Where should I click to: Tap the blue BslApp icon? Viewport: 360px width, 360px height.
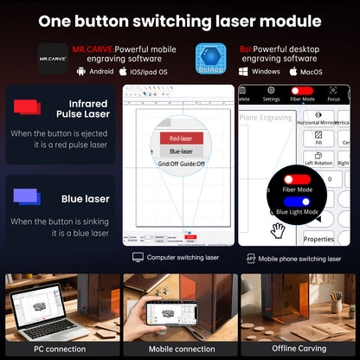tap(211, 57)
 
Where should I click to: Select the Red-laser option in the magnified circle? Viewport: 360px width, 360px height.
tap(181, 138)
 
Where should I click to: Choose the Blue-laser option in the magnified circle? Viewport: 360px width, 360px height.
tap(181, 151)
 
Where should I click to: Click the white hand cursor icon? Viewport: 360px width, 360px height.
tap(278, 230)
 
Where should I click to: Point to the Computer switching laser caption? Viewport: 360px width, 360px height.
tap(182, 257)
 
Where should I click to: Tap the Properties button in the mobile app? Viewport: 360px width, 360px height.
tap(318, 240)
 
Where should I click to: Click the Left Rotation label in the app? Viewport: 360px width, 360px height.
tap(319, 163)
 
